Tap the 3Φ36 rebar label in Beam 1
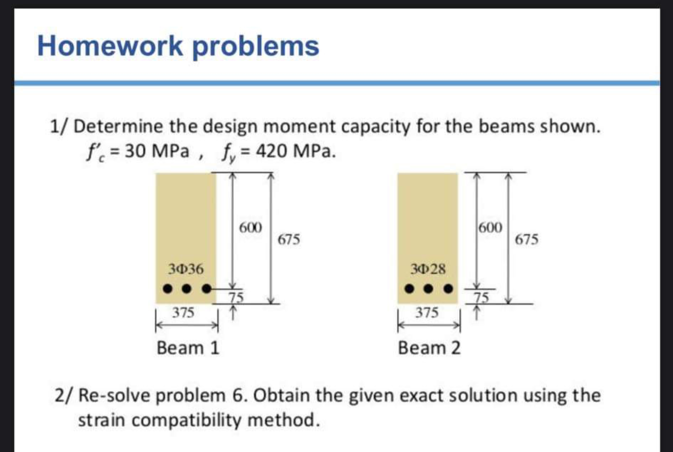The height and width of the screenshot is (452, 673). pyautogui.click(x=186, y=269)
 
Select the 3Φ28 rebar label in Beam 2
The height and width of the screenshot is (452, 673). pyautogui.click(x=428, y=269)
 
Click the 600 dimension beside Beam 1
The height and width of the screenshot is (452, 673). pyautogui.click(x=250, y=228)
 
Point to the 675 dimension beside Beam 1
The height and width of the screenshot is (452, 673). pyautogui.click(x=288, y=240)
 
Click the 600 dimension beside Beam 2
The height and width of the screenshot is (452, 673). pyautogui.click(x=490, y=228)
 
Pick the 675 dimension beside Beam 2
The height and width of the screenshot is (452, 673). pyautogui.click(x=526, y=240)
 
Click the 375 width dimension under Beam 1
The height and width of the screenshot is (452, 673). pyautogui.click(x=183, y=312)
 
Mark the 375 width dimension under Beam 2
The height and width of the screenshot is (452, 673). pyautogui.click(x=427, y=312)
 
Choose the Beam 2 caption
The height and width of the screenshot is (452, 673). pyautogui.click(x=429, y=348)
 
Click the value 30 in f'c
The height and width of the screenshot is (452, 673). pyautogui.click(x=135, y=151)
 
